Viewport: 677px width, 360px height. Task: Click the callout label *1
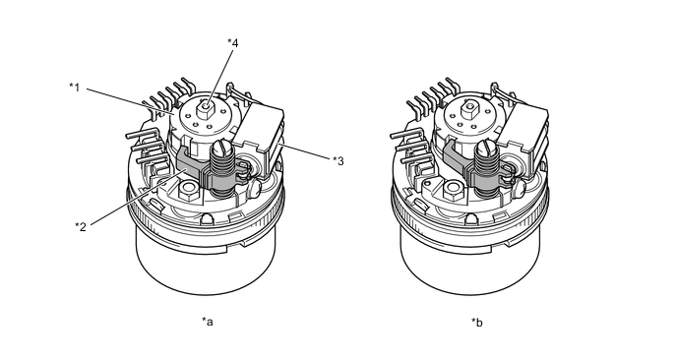75,88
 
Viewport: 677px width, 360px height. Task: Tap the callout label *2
81,226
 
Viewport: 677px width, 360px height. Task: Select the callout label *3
338,161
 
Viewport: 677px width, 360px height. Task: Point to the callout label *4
232,42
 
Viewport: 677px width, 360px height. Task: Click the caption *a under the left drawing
208,322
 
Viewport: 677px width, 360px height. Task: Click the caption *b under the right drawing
477,322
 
